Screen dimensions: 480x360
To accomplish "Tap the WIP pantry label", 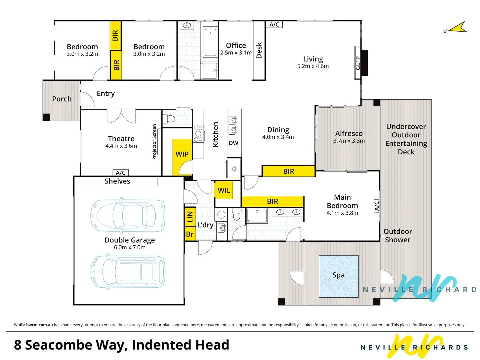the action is tap(182, 154).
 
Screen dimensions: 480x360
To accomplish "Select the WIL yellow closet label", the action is tap(224, 190).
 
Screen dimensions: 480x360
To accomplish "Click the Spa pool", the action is tap(339, 276).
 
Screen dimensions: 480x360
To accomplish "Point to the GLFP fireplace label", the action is tap(358, 63).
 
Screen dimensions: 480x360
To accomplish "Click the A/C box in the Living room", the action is tap(274, 24).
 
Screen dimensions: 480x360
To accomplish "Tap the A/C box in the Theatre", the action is tap(120, 173).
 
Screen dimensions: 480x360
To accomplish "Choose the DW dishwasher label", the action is tap(234, 143).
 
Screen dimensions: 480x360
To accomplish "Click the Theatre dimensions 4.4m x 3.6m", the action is tap(121, 146).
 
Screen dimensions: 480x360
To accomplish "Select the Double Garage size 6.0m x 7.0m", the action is tap(130, 247).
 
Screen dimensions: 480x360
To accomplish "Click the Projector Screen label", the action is tap(154, 142).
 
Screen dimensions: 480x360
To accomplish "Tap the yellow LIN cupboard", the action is tap(190, 217).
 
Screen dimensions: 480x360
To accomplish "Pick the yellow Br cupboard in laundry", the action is tap(190, 234).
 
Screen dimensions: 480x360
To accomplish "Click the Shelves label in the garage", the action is tap(117, 181).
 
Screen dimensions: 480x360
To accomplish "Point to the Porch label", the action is tap(62, 99).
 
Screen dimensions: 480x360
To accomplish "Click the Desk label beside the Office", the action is tap(259, 50).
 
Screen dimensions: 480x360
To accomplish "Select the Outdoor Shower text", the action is tap(398, 236).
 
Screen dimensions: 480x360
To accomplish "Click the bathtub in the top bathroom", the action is tap(210, 42).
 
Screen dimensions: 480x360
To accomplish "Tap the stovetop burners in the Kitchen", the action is tap(198, 134).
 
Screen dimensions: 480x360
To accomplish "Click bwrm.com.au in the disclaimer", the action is tap(39, 325).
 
